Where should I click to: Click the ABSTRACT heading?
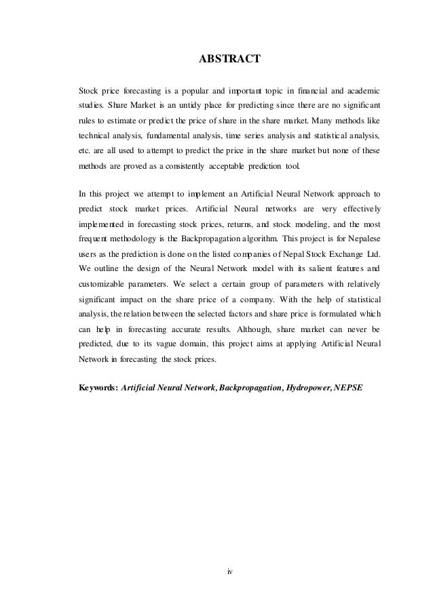(229, 60)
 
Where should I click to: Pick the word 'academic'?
(361, 90)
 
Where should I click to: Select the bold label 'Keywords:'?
(98, 388)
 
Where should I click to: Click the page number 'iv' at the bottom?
(229, 572)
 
